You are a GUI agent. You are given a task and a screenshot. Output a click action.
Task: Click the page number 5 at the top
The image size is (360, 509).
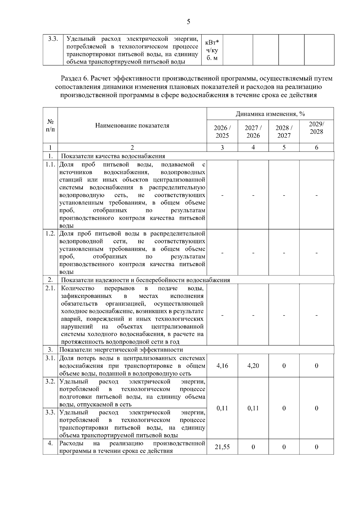[188, 22]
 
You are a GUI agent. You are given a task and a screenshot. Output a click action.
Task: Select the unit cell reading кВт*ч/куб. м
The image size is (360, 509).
[212, 50]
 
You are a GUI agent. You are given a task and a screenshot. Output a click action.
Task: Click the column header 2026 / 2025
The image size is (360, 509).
[222, 131]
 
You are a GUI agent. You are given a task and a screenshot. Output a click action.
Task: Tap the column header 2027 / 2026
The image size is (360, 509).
[253, 131]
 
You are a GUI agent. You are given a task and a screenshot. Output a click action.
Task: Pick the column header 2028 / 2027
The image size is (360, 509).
[284, 131]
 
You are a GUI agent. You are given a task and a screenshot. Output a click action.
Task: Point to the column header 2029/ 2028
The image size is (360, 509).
[316, 128]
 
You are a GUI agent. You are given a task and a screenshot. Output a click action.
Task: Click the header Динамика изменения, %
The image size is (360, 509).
[270, 114]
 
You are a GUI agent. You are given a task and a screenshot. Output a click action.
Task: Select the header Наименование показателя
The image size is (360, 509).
[132, 125]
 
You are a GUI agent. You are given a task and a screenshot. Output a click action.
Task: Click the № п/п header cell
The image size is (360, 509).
[50, 125]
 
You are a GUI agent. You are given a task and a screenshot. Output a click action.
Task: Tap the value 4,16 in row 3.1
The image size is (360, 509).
[222, 366]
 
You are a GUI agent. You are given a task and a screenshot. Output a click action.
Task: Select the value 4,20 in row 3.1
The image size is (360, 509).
[253, 366]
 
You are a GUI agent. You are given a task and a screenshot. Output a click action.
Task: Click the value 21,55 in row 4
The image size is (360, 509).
[222, 447]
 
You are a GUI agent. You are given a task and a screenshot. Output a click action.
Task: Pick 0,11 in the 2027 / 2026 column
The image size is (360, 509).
[253, 408]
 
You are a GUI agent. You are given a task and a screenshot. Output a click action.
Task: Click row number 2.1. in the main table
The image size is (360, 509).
[50, 288]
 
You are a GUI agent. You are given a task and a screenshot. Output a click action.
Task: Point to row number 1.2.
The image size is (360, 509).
[50, 233]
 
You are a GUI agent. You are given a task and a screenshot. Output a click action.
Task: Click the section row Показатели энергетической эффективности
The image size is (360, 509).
[121, 350]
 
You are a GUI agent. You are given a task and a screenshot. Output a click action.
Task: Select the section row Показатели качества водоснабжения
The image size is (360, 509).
[113, 156]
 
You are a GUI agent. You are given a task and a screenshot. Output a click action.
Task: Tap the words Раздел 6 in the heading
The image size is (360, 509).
[74, 79]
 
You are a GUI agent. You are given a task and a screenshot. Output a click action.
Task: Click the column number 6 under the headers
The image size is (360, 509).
[316, 147]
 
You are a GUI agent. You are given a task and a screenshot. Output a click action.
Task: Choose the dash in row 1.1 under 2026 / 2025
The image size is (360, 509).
[222, 195]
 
